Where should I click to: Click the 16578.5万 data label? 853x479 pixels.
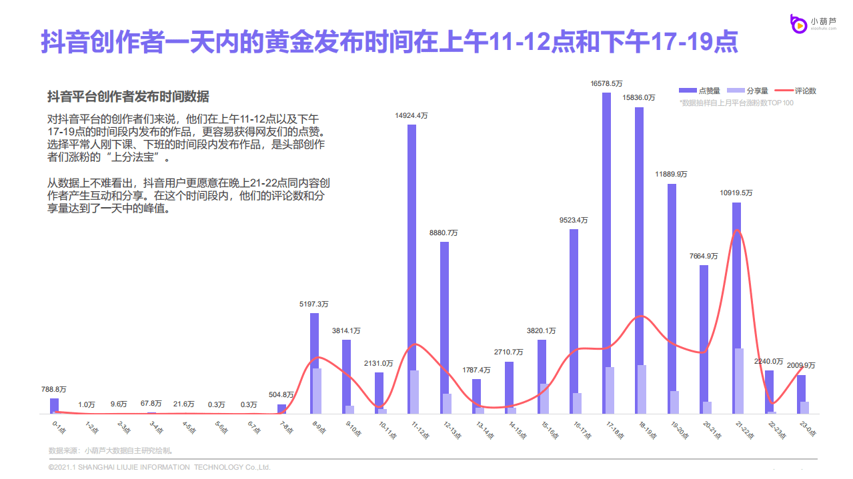pos(606,83)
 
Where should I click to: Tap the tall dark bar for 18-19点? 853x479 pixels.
pos(638,260)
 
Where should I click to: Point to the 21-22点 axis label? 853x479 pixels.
pos(744,430)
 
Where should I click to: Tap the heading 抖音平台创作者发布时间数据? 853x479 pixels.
pos(127,97)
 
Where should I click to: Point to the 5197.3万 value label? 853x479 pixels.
pos(313,304)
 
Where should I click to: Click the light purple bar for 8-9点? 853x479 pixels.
pos(317,391)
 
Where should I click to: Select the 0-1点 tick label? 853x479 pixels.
pos(57,426)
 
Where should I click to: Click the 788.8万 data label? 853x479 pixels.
pos(54,389)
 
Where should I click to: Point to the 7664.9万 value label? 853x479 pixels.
pos(704,256)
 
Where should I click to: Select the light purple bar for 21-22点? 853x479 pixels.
pos(740,380)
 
